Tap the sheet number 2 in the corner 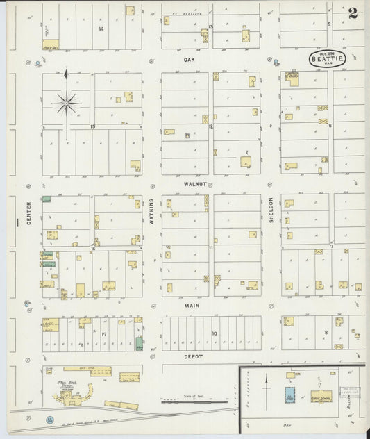pos(353,12)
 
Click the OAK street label pos(187,60)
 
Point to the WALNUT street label pos(187,185)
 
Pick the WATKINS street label pos(152,211)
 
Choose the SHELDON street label pos(271,211)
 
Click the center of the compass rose pos(67,103)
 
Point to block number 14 pos(101,28)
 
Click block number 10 pos(215,333)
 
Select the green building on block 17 pos(140,342)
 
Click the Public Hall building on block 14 pos(50,46)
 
